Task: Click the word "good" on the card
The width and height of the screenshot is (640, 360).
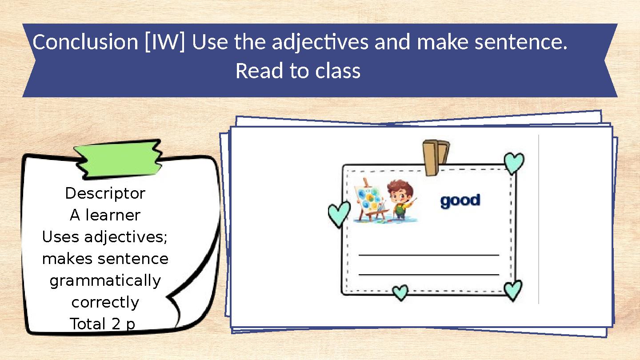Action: coord(460,201)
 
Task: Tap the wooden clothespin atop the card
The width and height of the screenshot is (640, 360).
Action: coord(435,156)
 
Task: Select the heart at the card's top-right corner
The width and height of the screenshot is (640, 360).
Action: coord(514,163)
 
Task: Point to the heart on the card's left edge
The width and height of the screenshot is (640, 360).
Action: coord(339,214)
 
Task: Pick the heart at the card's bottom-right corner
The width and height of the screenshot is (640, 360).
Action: coord(513,289)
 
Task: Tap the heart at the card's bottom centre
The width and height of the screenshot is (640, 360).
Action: coord(400,292)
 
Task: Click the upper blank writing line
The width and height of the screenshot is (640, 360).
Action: coord(428,255)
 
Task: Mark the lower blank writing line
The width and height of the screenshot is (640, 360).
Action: coord(428,275)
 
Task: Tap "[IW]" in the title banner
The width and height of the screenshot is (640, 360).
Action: coord(165,43)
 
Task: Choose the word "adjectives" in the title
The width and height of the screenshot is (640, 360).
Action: coord(320,43)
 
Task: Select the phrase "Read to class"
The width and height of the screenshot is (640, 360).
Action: coord(298,71)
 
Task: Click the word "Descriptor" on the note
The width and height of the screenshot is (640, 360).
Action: coord(105,193)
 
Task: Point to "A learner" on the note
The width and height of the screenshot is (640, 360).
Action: coord(105,215)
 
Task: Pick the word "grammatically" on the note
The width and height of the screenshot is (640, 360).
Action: coord(105,281)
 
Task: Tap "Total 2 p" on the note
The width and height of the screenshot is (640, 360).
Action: coord(103,324)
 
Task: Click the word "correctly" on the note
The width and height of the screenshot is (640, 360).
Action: coord(105,303)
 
